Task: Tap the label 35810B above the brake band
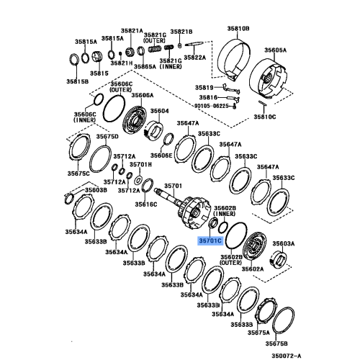[x=238, y=28]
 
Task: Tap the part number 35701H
[x=143, y=164]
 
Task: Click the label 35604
[x=158, y=111]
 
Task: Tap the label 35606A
[x=142, y=95]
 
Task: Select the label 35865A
[x=144, y=66]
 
